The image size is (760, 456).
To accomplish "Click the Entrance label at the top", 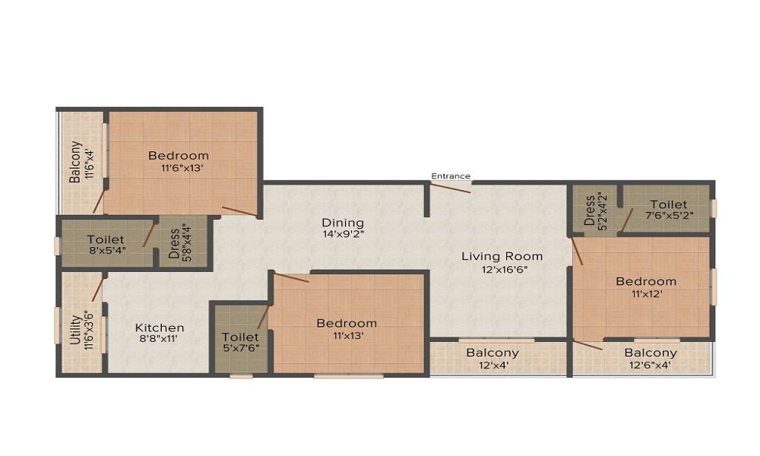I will pos(451,176).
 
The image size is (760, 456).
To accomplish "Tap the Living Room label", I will pos(502,256).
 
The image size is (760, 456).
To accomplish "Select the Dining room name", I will pos(343,223).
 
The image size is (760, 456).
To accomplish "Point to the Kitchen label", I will pos(160,328).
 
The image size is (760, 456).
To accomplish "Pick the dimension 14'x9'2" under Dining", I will pos(343,235).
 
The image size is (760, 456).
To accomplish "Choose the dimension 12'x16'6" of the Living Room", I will pos(502,269).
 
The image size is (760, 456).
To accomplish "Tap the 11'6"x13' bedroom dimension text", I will pos(178,169).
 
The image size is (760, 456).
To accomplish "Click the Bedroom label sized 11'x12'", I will pos(645,281).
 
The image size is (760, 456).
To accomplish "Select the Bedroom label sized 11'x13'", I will pos(347,323).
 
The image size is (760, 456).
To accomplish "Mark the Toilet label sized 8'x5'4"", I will pos(106,239).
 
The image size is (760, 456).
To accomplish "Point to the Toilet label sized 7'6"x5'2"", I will pos(668,204).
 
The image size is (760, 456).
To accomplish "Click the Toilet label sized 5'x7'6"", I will pos(240,337).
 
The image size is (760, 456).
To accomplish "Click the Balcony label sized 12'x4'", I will pos(492,353).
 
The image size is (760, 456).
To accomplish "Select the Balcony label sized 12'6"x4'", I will pos(651,353).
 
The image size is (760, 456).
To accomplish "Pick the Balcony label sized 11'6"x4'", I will pos(75,162).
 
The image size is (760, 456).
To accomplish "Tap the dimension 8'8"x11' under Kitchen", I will pos(160,340).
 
